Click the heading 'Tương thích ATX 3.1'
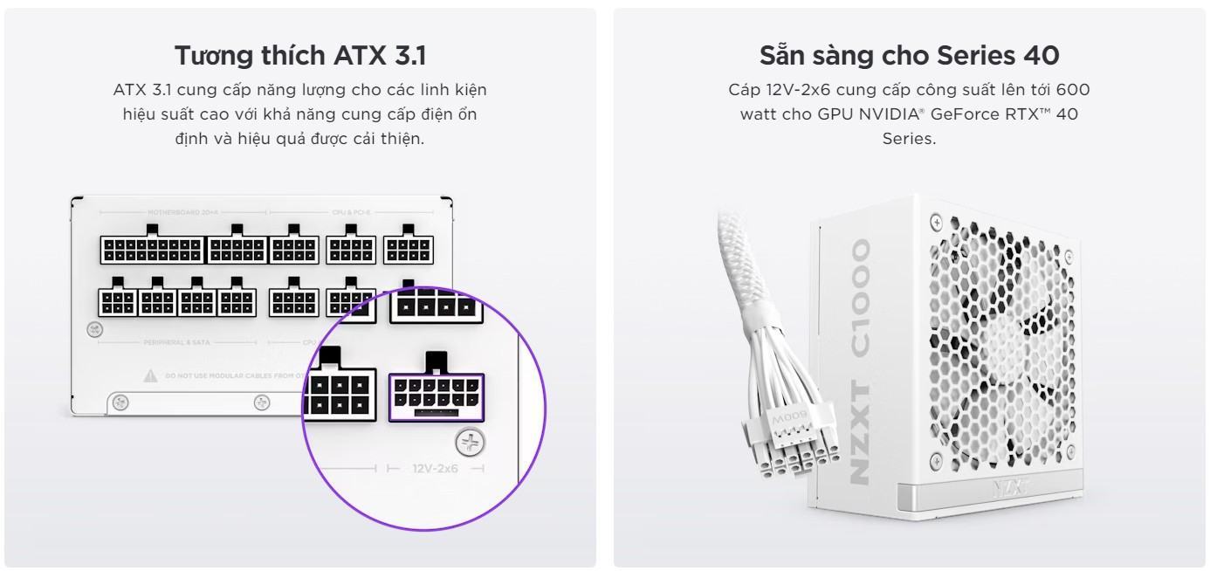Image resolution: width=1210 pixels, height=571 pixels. pos(299,56)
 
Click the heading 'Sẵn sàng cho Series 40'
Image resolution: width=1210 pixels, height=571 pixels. pos(909,56)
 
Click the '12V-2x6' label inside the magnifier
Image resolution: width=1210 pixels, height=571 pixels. pos(435,470)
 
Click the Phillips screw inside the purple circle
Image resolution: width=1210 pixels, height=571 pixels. pos(471,444)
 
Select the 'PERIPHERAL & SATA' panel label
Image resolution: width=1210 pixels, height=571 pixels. pos(177,343)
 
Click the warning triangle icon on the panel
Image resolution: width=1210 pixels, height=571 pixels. pos(150,376)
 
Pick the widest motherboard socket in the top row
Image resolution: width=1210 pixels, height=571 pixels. pos(151,249)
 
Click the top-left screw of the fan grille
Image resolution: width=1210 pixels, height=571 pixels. pos(936,223)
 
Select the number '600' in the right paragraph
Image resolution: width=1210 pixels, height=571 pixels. pos(1073,90)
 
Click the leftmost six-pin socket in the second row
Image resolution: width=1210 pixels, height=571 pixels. pos(118,299)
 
